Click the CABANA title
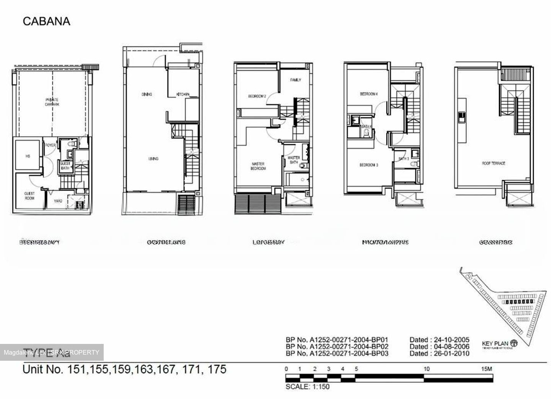(x=46, y=21)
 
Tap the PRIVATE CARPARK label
(x=52, y=102)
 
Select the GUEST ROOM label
(x=29, y=196)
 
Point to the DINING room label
(x=147, y=94)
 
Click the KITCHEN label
(x=183, y=94)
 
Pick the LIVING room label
(x=153, y=159)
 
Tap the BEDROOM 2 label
(x=257, y=96)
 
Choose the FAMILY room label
(x=295, y=80)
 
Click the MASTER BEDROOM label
(x=258, y=166)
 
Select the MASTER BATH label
(x=293, y=160)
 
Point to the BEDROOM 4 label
(x=369, y=94)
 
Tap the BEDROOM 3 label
(x=369, y=165)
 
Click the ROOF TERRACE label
(x=494, y=163)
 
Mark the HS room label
(x=28, y=156)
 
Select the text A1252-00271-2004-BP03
(x=349, y=353)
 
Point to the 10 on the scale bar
(x=427, y=369)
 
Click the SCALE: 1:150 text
(x=307, y=387)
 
